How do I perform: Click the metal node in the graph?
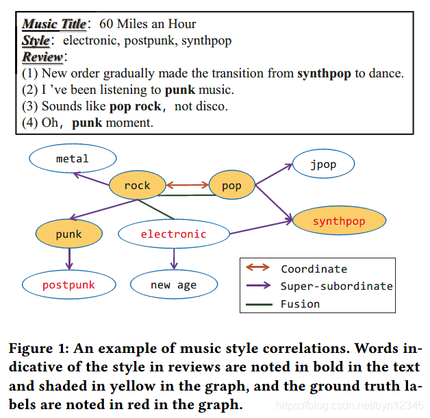[x=72, y=159]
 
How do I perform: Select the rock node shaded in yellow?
[x=137, y=185]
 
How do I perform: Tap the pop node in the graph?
[x=231, y=185]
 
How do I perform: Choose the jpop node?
[x=323, y=164]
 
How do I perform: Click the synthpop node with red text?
[x=339, y=221]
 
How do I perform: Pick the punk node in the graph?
[x=68, y=234]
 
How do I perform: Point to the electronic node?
[x=173, y=234]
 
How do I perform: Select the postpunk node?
[x=68, y=284]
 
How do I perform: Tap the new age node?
[x=173, y=284]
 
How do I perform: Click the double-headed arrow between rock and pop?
[x=187, y=184]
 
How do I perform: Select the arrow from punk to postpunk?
[x=68, y=259]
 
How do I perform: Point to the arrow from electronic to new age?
[x=174, y=258]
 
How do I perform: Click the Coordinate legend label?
[x=314, y=269]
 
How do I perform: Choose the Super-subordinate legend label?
[x=336, y=286]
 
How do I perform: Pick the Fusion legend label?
[x=300, y=304]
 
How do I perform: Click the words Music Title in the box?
[x=54, y=25]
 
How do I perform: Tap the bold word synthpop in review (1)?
[x=325, y=73]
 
